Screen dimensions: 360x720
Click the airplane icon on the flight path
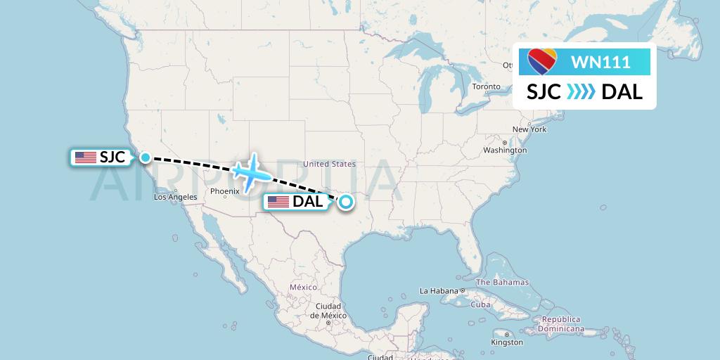coord(250,171)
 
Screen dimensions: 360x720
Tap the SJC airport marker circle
coord(145,157)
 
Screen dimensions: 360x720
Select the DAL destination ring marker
coord(345,202)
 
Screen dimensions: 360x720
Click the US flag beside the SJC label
coord(86,157)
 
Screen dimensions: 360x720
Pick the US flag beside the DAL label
coord(278,202)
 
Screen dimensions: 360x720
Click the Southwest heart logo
coord(542,62)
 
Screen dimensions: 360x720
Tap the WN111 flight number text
coord(600,63)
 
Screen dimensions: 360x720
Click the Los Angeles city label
coord(175,197)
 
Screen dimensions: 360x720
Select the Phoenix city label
coord(225,191)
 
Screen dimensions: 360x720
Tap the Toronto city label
coord(487,86)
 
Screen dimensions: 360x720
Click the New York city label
coord(529,129)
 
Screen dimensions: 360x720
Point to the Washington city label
coord(505,150)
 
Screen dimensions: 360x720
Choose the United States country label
coord(329,164)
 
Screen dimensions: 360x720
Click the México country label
coord(304,287)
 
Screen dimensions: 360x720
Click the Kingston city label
coord(508,342)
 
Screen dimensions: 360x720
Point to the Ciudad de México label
coord(328,311)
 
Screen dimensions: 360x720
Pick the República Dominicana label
coord(560,323)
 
